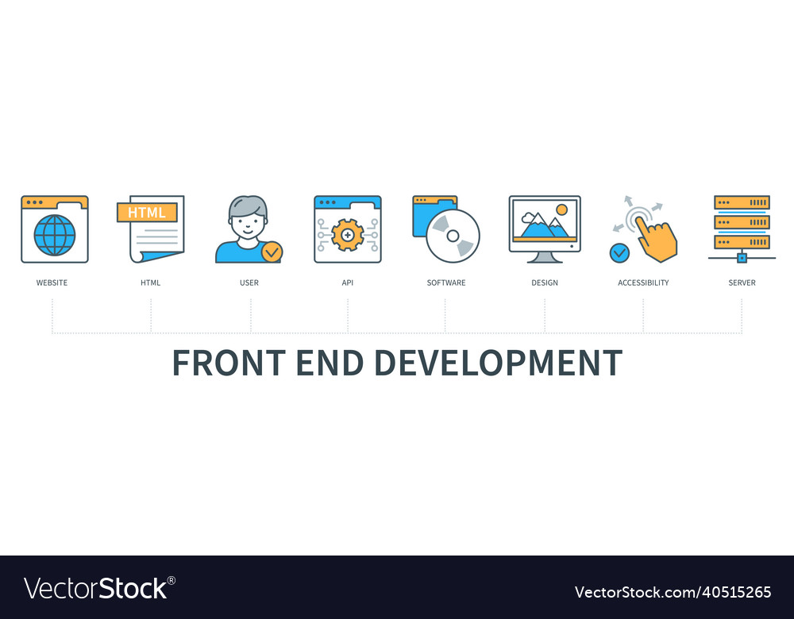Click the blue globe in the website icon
pos(55,236)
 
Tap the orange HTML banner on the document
pos(147,213)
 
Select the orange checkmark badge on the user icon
pos(272,252)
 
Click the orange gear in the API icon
pos(348,235)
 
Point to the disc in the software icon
pos(453,236)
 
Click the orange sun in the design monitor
pos(561,210)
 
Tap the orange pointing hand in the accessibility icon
pos(657,239)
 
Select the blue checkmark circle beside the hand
pos(619,252)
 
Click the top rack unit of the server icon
pos(742,202)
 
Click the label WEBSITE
pos(52,283)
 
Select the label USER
pos(249,283)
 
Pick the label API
pos(348,283)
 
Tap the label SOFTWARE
pos(446,283)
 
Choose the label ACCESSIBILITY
pos(643,283)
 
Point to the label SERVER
pos(742,283)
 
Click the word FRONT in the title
pos(229,363)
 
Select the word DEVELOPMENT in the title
pos(499,363)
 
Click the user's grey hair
pos(248,206)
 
